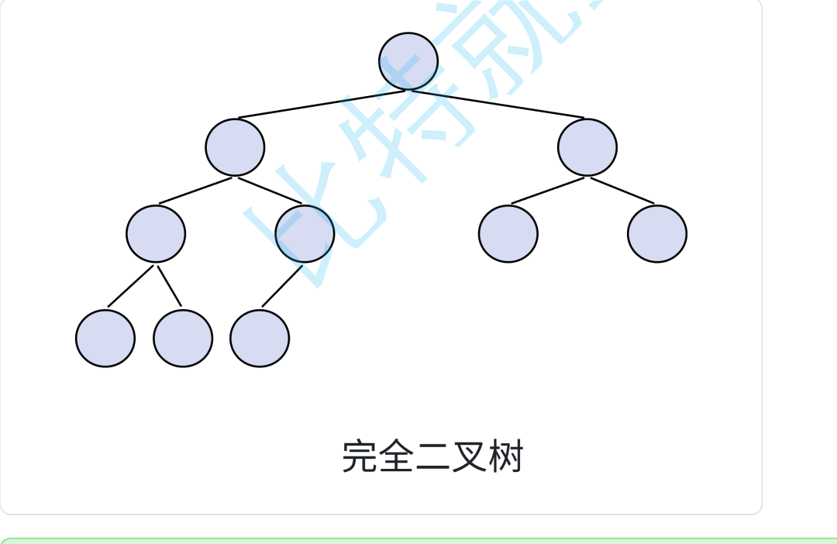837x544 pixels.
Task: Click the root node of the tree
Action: [x=408, y=61]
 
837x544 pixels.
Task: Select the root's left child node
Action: [x=235, y=147]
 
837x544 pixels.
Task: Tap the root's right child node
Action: [x=587, y=147]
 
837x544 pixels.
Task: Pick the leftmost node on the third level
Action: [x=156, y=233]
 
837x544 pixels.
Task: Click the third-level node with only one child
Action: [x=305, y=233]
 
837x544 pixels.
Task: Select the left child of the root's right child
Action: [x=508, y=233]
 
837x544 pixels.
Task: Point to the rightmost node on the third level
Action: [x=657, y=233]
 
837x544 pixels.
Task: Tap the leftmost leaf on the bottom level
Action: [x=105, y=338]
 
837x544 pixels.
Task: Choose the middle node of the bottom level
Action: [x=183, y=338]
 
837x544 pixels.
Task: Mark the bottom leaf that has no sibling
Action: [x=260, y=338]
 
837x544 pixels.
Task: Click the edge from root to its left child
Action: [x=322, y=105]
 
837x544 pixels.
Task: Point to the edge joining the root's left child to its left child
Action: [x=195, y=191]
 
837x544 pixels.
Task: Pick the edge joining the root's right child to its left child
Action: [x=547, y=191]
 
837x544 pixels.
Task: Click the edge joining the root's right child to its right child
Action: [x=622, y=191]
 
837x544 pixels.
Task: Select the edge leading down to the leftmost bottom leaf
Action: [x=130, y=286]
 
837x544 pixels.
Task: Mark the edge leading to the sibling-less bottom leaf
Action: [x=282, y=286]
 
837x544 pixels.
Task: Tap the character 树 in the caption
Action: [x=508, y=456]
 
